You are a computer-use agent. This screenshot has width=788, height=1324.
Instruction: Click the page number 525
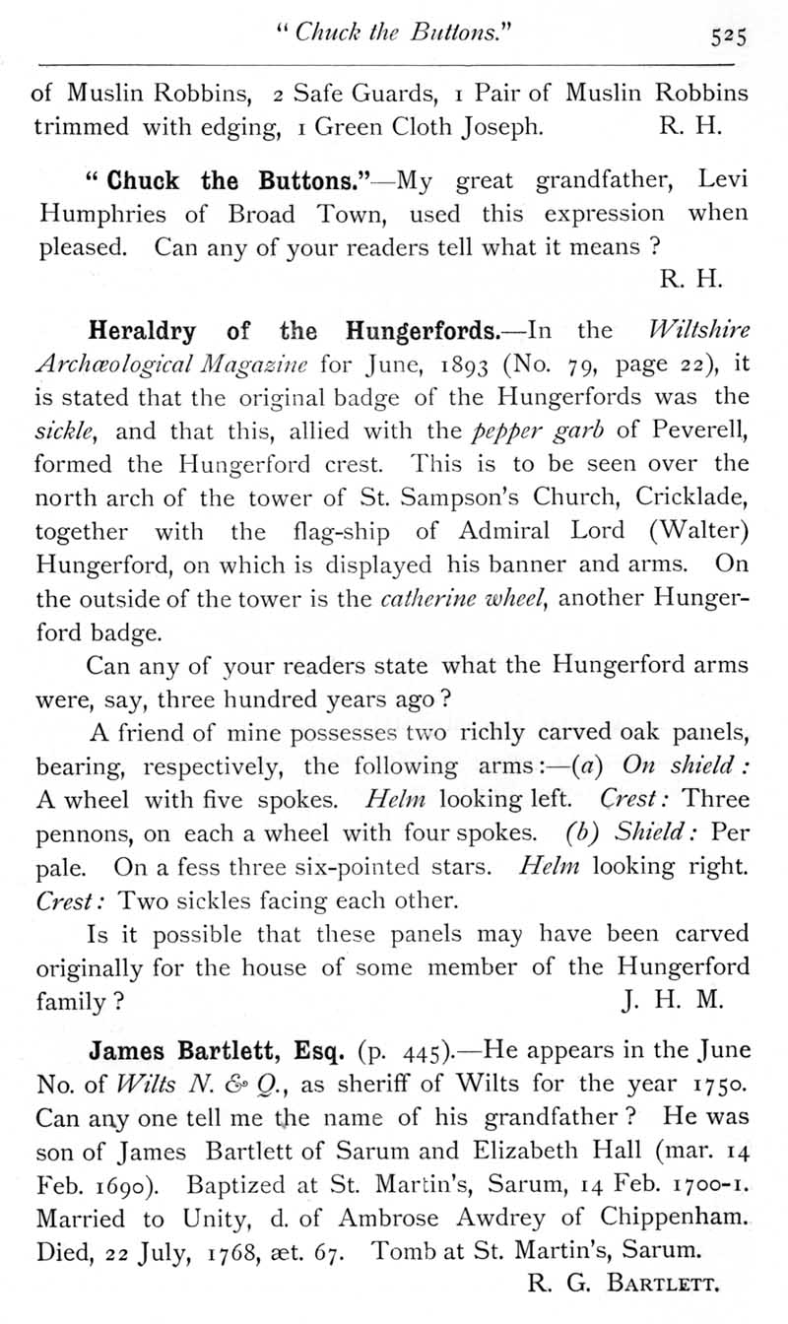tap(732, 36)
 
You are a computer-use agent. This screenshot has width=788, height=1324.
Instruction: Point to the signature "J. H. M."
tap(675, 1001)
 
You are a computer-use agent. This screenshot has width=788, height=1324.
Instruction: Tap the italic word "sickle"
tap(59, 431)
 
